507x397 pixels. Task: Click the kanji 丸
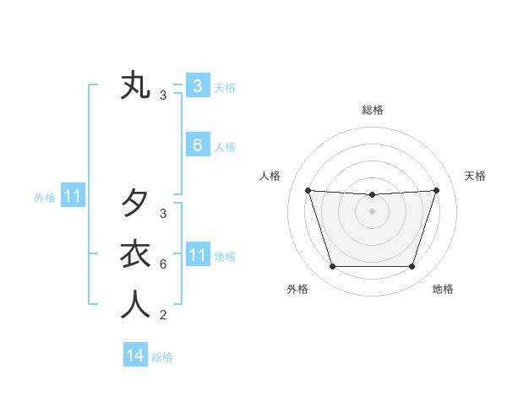[x=135, y=86]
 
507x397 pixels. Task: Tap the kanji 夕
[x=135, y=203]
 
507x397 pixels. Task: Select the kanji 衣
[x=135, y=254]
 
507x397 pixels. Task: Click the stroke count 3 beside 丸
[x=163, y=95]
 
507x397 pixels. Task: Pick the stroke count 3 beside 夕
[x=163, y=214]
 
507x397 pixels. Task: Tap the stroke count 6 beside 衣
[x=163, y=264]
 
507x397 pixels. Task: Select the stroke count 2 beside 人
[x=163, y=316]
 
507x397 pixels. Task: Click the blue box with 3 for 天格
[x=197, y=85]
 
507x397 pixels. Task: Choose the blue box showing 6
[x=197, y=145]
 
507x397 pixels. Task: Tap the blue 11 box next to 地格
[x=197, y=255]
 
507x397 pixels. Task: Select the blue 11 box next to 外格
[x=72, y=197]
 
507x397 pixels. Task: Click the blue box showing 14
[x=135, y=356]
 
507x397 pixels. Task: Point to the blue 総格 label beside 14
[x=162, y=357]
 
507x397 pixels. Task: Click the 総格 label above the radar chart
[x=372, y=111]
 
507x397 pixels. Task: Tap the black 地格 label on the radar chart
[x=443, y=290]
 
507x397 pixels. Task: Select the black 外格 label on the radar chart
[x=297, y=290]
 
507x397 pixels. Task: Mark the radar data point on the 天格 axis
[x=436, y=190]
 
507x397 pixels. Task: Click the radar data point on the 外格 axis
[x=332, y=267]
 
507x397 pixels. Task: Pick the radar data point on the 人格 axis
[x=308, y=190]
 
